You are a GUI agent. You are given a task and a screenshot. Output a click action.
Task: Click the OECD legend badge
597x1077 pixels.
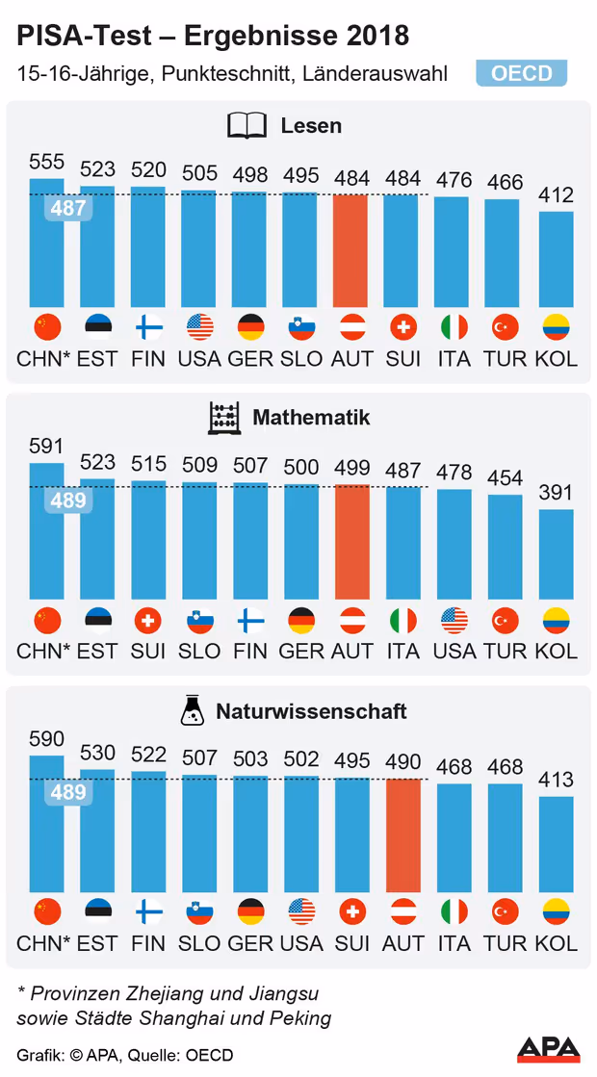click(x=521, y=74)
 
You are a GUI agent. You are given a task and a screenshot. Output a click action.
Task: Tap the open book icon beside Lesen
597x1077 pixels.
click(x=247, y=126)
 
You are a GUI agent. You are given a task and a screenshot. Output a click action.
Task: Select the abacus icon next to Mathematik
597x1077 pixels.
click(x=223, y=419)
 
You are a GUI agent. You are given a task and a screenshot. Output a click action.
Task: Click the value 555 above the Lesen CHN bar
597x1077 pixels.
click(x=46, y=162)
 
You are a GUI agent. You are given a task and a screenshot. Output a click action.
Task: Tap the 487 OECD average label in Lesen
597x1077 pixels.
click(x=68, y=208)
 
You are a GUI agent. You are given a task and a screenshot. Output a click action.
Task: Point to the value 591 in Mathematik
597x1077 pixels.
click(x=46, y=447)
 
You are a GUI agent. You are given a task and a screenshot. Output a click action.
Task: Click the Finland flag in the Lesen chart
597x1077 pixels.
click(x=149, y=327)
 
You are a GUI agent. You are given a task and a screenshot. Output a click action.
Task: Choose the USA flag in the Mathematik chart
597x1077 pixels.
click(x=454, y=620)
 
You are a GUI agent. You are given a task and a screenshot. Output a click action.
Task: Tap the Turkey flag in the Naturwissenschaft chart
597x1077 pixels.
click(x=506, y=911)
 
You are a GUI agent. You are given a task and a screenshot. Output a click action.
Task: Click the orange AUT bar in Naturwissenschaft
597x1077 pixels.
click(x=402, y=834)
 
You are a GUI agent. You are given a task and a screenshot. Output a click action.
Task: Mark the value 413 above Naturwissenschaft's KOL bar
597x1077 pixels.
click(x=556, y=780)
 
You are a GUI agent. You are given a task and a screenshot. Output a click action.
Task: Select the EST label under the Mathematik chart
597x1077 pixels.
click(x=97, y=651)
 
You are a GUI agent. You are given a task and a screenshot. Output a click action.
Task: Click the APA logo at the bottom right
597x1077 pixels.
click(x=549, y=1049)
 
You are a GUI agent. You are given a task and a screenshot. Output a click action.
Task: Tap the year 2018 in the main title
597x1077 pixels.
click(x=375, y=37)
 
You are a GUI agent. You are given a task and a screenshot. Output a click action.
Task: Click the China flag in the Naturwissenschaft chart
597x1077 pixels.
click(x=46, y=911)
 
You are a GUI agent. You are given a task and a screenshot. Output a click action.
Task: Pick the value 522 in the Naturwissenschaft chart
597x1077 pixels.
click(x=148, y=755)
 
